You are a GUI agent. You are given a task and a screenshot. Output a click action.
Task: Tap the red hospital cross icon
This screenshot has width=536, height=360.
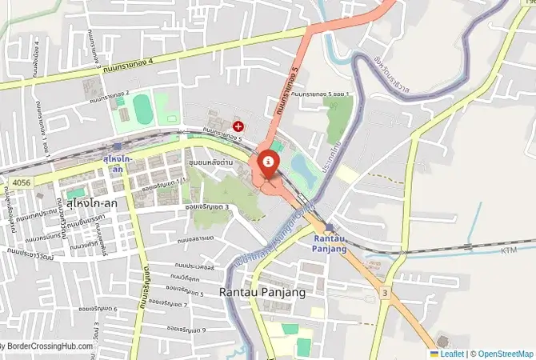(238, 126)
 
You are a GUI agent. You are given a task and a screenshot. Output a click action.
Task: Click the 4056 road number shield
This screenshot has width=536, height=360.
(22, 183)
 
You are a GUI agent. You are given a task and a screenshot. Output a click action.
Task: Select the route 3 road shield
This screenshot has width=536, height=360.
(385, 294)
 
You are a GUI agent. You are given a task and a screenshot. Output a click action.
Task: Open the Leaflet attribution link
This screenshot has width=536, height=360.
(451, 354)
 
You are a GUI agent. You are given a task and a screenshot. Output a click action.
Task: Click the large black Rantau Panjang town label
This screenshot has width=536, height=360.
(262, 293)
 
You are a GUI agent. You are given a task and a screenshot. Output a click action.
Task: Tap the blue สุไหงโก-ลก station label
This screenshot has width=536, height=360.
(117, 164)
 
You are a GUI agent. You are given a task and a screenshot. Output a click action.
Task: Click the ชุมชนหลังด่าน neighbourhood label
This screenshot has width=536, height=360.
(210, 162)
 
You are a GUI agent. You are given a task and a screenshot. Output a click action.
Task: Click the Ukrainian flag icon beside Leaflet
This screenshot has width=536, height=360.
(434, 354)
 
